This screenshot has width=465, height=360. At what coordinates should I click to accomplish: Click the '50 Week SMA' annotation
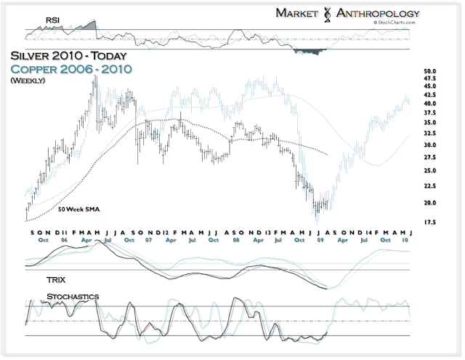[x=79, y=209]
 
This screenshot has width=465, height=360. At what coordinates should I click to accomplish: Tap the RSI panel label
[x=52, y=20]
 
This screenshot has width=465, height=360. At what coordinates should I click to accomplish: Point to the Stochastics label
[x=73, y=297]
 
